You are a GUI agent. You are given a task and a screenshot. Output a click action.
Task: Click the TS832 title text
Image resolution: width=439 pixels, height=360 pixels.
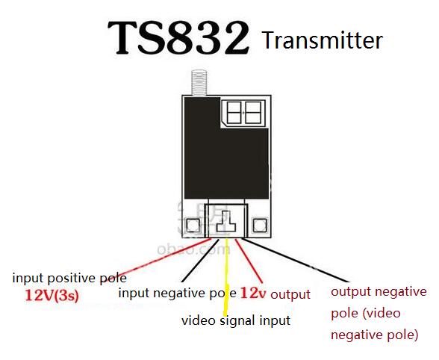(x=178, y=38)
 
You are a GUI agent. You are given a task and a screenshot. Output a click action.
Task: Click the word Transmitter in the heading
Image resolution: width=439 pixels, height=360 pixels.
(x=323, y=40)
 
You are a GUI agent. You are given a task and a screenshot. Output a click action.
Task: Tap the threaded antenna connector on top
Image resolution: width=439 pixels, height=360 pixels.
(x=199, y=83)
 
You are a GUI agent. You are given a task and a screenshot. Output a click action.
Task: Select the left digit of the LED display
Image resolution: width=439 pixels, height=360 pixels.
(x=234, y=112)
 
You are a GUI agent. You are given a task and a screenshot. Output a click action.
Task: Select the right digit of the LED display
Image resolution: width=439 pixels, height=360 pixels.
(x=253, y=112)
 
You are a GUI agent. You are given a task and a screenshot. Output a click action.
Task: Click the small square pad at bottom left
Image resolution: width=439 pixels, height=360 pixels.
(x=193, y=226)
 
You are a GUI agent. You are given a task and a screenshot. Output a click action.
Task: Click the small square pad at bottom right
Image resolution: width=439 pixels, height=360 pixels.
(x=260, y=226)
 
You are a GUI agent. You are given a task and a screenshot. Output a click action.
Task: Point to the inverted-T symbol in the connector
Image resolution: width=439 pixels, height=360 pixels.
(x=226, y=221)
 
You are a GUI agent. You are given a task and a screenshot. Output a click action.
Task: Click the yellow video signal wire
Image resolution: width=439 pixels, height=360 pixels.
(x=226, y=277)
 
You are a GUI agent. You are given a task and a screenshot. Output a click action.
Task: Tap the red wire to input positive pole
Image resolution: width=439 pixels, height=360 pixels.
(x=164, y=257)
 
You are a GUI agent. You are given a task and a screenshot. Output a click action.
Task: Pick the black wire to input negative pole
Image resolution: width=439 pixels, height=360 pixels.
(x=199, y=261)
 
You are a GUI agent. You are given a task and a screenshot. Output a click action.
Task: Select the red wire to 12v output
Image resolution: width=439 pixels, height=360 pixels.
(x=249, y=261)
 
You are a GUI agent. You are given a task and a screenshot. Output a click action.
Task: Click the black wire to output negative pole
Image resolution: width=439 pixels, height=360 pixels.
(x=296, y=260)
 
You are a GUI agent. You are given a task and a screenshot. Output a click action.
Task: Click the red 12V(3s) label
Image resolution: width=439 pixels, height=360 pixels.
(x=52, y=296)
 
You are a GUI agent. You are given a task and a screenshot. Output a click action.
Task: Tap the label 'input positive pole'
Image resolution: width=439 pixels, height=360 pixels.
(x=69, y=279)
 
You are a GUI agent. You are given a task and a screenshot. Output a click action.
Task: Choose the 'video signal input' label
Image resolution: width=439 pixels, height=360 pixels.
(x=236, y=321)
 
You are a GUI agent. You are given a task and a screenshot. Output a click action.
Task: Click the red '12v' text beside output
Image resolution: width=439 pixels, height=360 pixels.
(x=253, y=293)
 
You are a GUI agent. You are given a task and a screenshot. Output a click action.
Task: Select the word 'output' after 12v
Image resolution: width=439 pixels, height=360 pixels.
(x=290, y=295)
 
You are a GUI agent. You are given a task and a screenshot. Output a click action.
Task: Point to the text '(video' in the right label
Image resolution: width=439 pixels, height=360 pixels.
(x=382, y=314)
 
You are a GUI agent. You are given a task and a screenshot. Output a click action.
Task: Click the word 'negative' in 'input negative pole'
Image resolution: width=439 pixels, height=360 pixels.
(x=177, y=294)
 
